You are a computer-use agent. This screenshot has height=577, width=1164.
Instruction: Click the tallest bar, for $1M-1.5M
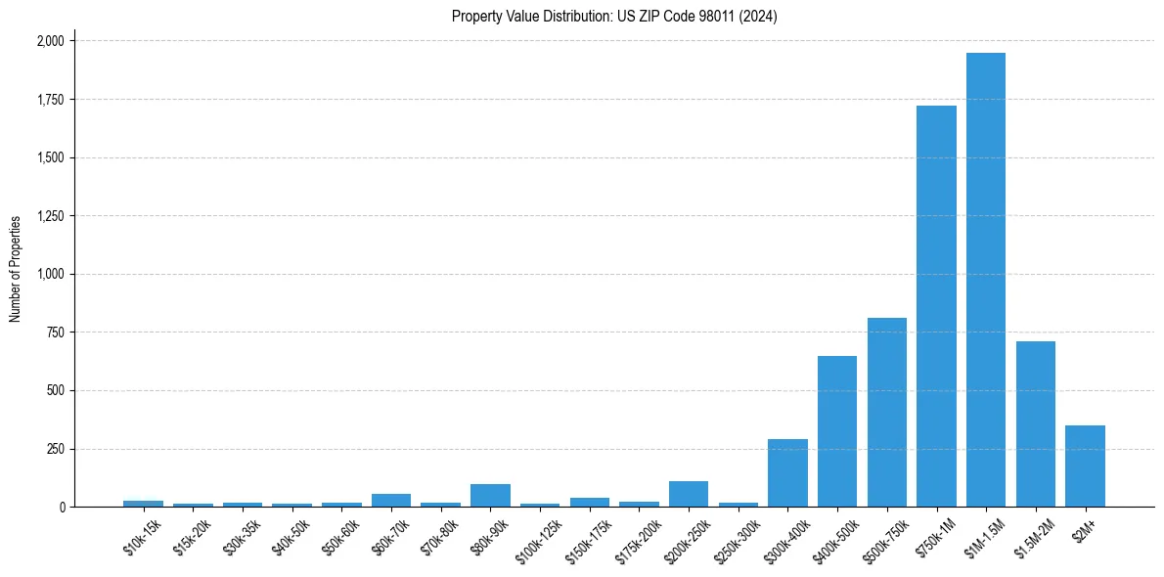986,280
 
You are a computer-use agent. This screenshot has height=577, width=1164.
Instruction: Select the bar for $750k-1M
936,306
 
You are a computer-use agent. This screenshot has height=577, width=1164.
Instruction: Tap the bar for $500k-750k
886,412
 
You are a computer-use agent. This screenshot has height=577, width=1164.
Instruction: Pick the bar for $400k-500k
837,431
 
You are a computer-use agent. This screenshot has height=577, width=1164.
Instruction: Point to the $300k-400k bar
787,472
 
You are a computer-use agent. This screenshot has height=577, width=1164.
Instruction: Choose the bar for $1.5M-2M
1036,423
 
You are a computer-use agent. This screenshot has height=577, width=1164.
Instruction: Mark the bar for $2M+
1085,466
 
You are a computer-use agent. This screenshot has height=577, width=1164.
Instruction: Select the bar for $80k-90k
490,495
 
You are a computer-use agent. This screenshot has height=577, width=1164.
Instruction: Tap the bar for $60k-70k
391,500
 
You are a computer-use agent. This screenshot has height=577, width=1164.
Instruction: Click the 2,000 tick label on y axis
51,41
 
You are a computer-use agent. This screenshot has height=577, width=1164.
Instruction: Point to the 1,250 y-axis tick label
51,216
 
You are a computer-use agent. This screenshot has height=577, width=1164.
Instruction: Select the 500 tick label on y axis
57,390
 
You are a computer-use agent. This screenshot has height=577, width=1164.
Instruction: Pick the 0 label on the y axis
62,507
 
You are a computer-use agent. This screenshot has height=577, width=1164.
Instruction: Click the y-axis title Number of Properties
16,269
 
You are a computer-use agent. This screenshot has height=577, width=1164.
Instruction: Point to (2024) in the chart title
760,17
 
